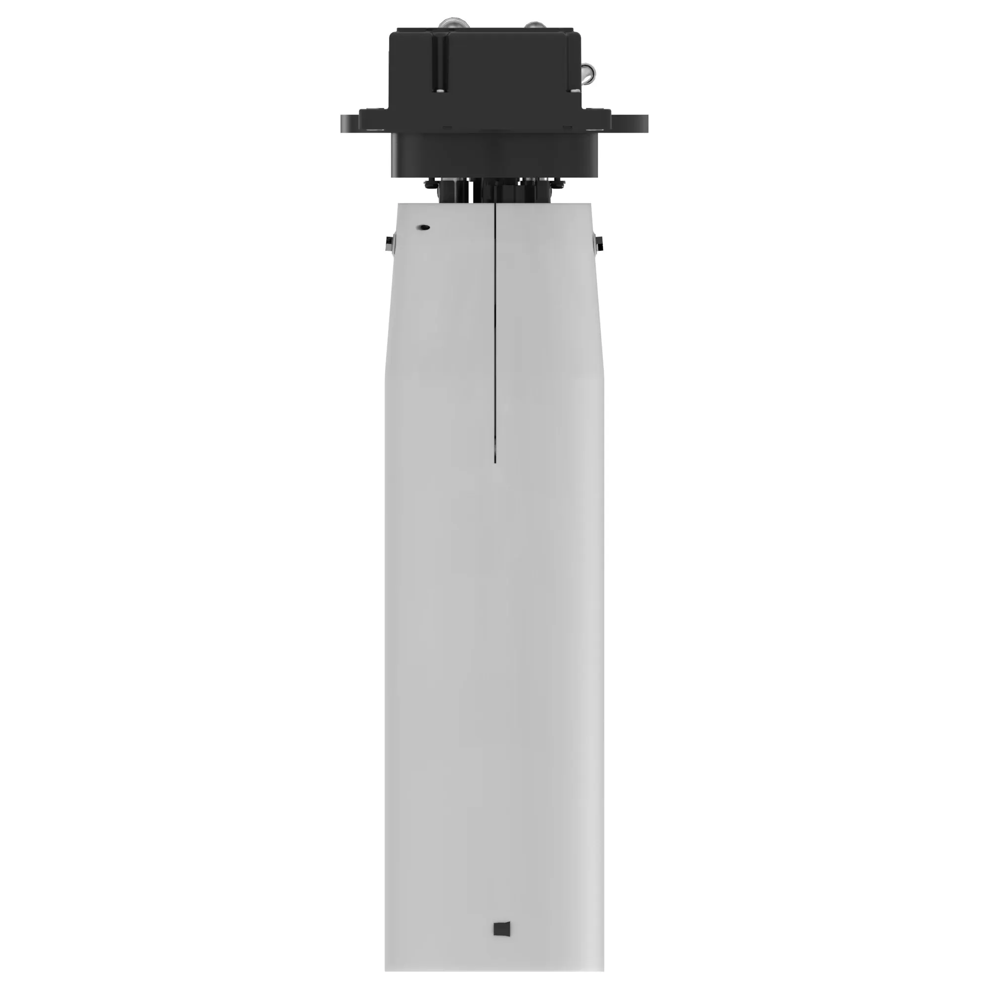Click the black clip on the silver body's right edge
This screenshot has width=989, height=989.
(x=598, y=245)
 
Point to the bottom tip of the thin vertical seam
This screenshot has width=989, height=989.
(x=495, y=462)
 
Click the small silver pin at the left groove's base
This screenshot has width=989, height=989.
(x=440, y=90)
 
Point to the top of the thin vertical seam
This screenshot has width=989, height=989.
(x=495, y=204)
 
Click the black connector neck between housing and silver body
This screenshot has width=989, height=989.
(x=494, y=190)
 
